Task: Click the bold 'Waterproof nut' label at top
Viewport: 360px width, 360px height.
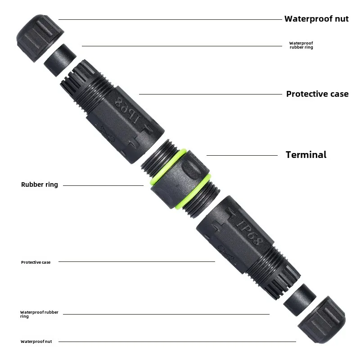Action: tap(316, 19)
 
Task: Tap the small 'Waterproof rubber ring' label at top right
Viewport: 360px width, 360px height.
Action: tap(301, 45)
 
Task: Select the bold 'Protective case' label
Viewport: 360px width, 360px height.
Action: tap(317, 94)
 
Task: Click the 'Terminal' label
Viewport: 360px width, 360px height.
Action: tap(306, 155)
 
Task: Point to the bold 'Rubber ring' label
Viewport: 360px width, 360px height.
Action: tap(40, 184)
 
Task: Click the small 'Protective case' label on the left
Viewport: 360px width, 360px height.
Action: tap(36, 262)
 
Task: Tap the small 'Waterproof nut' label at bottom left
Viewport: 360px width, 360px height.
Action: tap(36, 342)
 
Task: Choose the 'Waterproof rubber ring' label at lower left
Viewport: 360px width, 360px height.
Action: tap(39, 314)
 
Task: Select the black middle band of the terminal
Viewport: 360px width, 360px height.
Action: tap(180, 180)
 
